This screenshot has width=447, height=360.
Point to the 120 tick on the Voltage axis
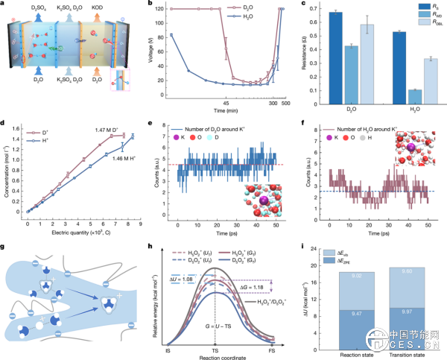pos(178,10)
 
